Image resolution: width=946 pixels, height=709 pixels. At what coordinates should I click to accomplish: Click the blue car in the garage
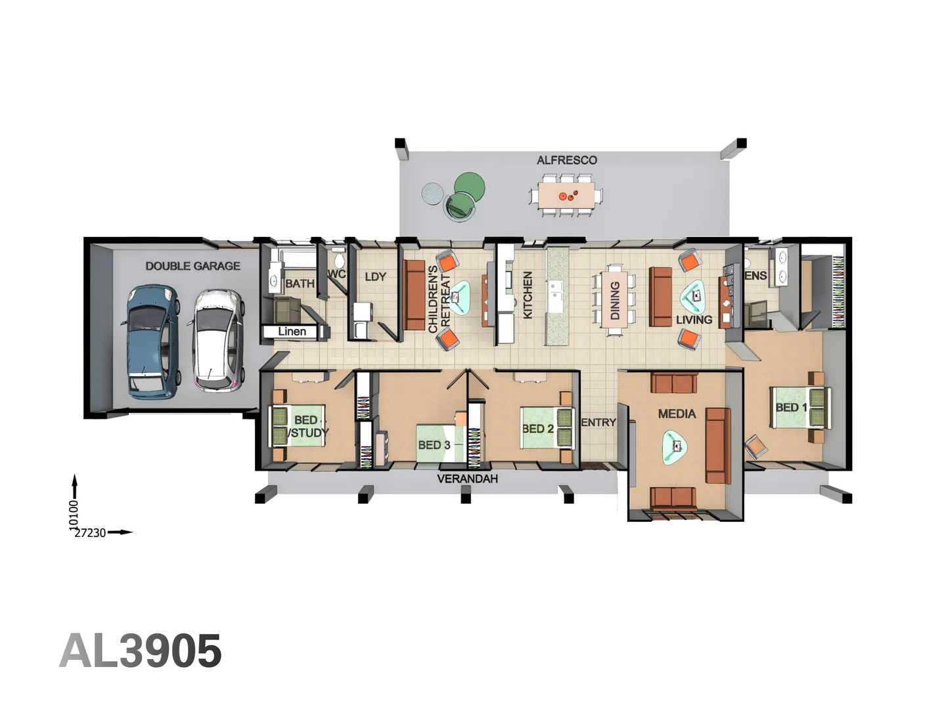(x=152, y=342)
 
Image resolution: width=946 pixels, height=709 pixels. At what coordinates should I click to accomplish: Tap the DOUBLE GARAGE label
(x=192, y=266)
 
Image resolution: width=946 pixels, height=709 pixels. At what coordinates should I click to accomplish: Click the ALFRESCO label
(x=567, y=160)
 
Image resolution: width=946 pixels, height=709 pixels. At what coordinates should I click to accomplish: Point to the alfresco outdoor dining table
(x=566, y=196)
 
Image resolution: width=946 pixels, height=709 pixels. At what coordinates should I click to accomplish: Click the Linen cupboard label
(x=292, y=332)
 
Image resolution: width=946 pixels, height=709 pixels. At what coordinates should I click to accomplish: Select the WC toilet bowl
(x=340, y=259)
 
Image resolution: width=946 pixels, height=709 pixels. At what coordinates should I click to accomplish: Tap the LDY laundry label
(x=375, y=277)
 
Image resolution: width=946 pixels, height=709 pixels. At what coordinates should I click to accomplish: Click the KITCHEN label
(x=528, y=295)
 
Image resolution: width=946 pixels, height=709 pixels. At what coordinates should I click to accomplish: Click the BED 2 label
(x=538, y=429)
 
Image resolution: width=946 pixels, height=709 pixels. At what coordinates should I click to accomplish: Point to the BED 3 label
(x=434, y=445)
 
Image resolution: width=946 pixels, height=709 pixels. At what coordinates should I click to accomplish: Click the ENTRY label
(x=598, y=423)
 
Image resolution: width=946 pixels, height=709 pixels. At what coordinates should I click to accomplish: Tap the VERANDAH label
(x=468, y=479)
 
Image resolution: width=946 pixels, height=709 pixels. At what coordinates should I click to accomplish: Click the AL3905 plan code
(x=141, y=651)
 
